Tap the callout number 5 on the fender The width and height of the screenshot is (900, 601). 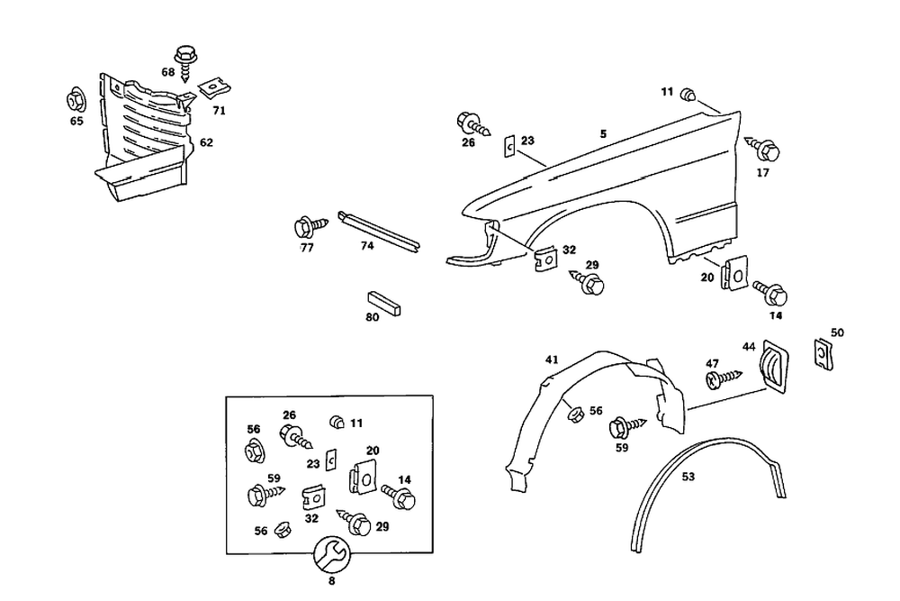click(603, 133)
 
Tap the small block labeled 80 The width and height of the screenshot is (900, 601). click(385, 301)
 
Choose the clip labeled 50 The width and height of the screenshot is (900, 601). click(823, 352)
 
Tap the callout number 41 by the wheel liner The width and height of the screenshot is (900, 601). click(552, 360)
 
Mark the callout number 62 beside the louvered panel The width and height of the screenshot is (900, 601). click(206, 142)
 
